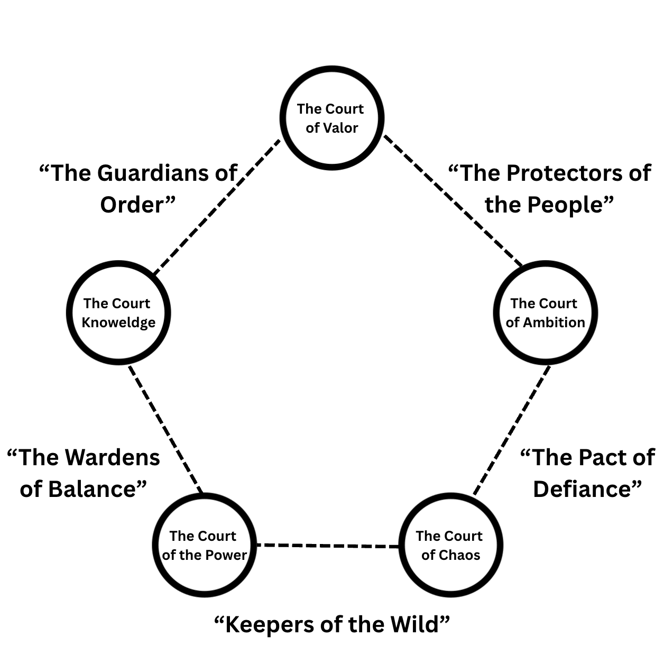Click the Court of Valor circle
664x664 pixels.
click(331, 118)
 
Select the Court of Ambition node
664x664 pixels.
click(545, 312)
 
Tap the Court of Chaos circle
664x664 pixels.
click(450, 545)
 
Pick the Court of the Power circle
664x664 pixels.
click(204, 545)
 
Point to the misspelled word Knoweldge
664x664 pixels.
click(118, 322)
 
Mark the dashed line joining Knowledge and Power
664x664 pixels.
click(165, 428)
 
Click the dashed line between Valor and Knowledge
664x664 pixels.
click(217, 207)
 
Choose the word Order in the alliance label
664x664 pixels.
click(132, 205)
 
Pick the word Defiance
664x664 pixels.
click(582, 489)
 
